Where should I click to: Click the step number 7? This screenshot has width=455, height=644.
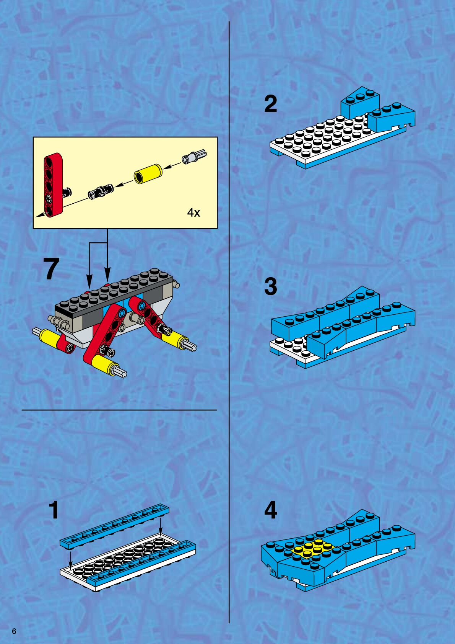pos(52,268)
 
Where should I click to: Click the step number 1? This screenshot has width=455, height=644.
pos(54,510)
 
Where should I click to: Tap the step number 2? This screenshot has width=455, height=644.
pos(270,104)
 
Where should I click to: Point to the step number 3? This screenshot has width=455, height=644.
pos(271,286)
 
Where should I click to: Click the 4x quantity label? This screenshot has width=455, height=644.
pos(193,212)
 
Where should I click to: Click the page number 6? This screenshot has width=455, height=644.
pos(14,631)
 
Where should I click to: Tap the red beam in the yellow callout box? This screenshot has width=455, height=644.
pos(53,185)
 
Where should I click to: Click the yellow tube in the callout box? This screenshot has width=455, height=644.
pos(148,173)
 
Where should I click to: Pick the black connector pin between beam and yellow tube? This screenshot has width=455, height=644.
pos(101,191)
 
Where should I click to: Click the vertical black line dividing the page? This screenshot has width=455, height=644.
pos(229,322)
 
